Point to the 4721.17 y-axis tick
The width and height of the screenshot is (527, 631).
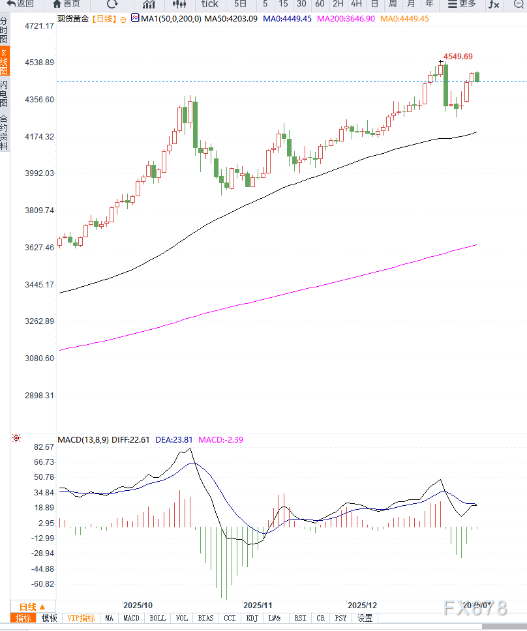click(x=38, y=26)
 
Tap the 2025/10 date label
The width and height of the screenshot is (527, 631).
click(x=138, y=606)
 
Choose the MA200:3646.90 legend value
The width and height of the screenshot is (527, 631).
click(x=346, y=19)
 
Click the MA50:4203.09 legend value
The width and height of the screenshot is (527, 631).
click(x=232, y=19)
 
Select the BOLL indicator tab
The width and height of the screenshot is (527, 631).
click(x=158, y=618)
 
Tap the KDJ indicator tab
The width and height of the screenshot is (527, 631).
click(x=252, y=618)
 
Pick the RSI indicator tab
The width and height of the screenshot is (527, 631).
click(x=300, y=618)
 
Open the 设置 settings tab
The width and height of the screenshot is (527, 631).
click(x=365, y=618)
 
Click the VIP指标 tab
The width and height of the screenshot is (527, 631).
click(x=82, y=618)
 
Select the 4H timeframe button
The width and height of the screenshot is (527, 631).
click(x=356, y=4)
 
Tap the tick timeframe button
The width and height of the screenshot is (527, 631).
click(x=209, y=4)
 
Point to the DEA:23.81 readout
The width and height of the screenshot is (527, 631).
click(x=174, y=440)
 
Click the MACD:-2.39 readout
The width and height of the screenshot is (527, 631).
click(x=221, y=440)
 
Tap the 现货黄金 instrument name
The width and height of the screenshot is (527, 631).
click(x=72, y=19)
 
